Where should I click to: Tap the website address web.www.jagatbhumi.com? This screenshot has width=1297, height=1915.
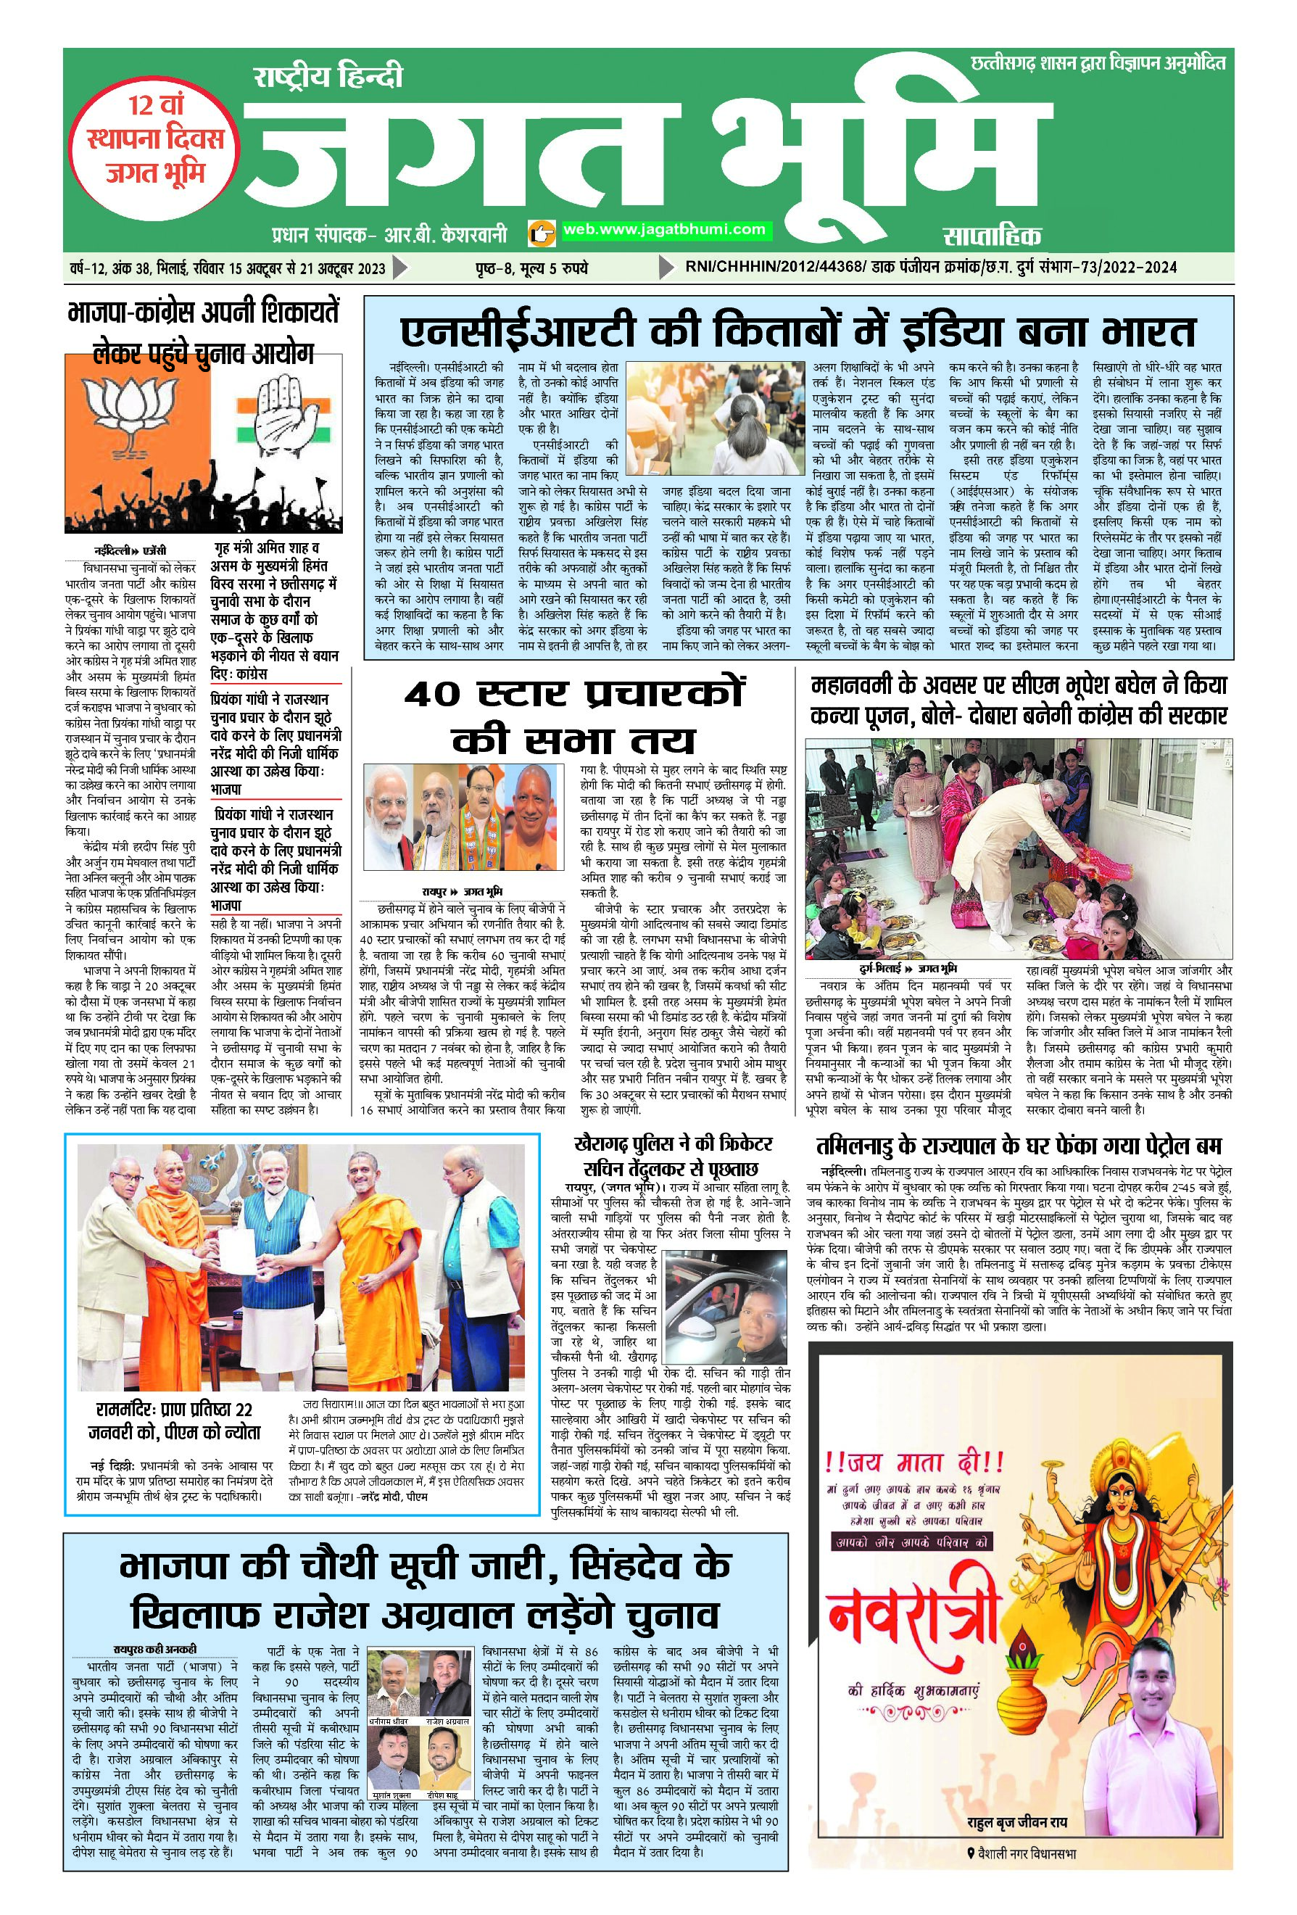(x=663, y=230)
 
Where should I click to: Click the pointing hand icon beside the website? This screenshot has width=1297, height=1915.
(x=539, y=232)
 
